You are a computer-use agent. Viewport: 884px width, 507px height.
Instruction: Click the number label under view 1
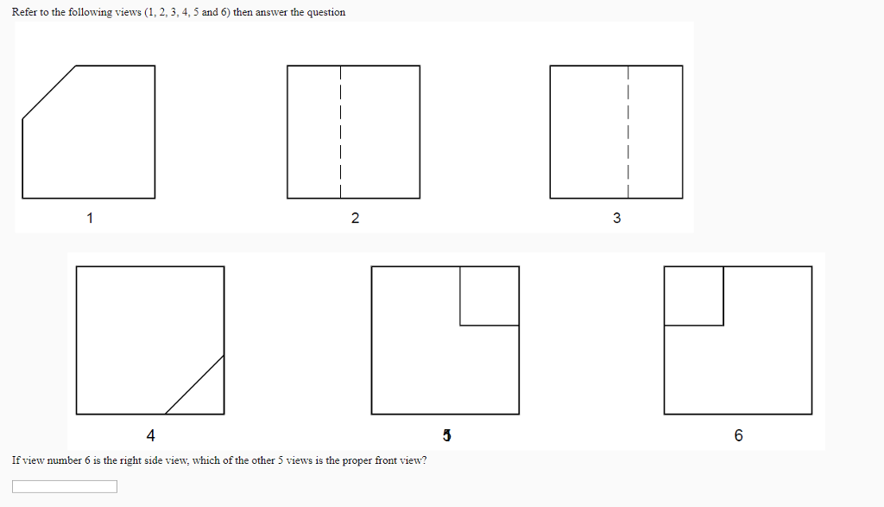click(89, 218)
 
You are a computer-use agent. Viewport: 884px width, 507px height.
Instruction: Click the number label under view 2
click(355, 218)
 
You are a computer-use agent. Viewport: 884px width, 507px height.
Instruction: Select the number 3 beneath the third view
click(616, 218)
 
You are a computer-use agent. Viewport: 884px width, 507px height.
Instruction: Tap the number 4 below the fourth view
click(150, 434)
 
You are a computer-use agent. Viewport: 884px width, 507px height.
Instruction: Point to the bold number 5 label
click(446, 434)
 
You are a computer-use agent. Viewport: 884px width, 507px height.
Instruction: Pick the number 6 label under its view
click(738, 434)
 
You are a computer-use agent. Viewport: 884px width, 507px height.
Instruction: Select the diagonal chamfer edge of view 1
click(49, 92)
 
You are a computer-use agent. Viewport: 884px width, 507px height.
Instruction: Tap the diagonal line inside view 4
click(195, 383)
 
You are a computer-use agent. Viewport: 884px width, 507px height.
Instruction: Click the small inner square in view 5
click(489, 295)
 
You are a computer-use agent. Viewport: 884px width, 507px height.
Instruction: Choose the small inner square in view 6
click(694, 295)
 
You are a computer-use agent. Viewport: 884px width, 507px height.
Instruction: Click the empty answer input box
click(65, 486)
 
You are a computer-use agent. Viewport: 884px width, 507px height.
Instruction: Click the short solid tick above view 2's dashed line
click(341, 70)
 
